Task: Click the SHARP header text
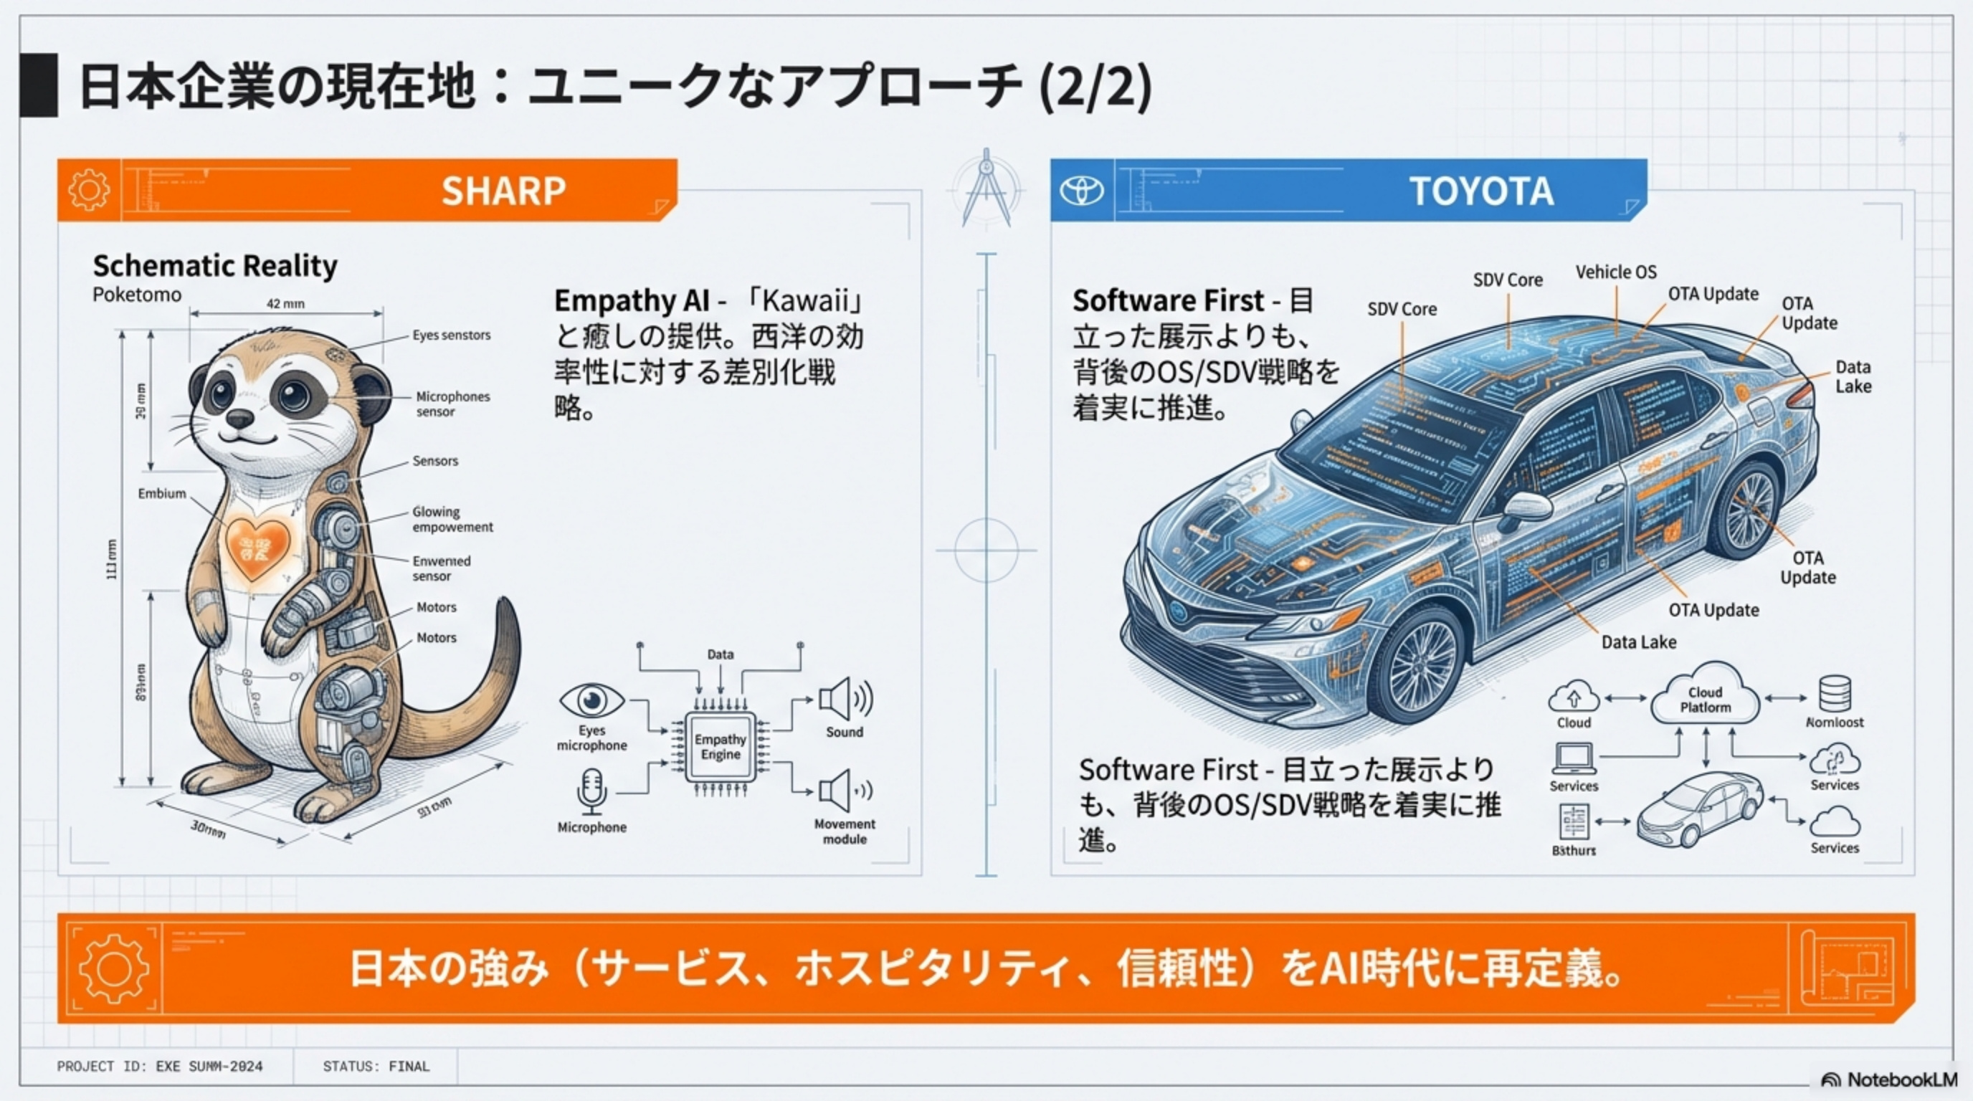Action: pos(503,191)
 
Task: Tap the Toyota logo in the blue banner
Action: pos(1081,191)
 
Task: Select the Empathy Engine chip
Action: pos(720,748)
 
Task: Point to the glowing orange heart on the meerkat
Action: pos(257,547)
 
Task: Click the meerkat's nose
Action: pos(239,418)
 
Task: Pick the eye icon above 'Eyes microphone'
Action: pos(591,700)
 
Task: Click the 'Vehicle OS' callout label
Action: pos(1616,272)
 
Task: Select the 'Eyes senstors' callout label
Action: pos(451,335)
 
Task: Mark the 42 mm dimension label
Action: pos(285,304)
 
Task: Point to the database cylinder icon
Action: pos(1835,694)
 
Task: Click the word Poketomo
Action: pos(137,295)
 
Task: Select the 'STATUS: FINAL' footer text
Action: pos(376,1067)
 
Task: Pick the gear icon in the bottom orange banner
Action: pos(114,968)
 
